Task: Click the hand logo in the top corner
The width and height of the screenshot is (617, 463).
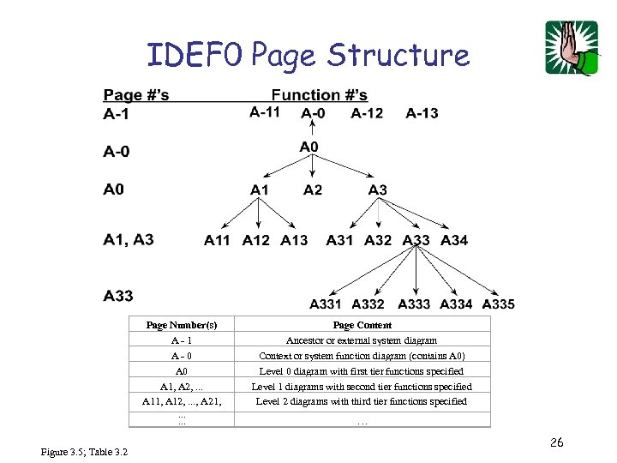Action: tap(571, 48)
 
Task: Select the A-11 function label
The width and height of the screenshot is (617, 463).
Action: tap(265, 112)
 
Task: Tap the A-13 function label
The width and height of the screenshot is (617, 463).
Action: tap(422, 112)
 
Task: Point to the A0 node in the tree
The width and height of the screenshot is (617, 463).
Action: tap(309, 147)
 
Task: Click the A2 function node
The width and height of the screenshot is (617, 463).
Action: tap(313, 189)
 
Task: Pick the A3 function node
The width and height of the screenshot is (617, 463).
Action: tap(377, 189)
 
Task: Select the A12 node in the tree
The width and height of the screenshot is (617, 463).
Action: tap(255, 240)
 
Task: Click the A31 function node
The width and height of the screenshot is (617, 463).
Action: tap(340, 240)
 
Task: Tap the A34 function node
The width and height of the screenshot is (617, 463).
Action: tap(454, 240)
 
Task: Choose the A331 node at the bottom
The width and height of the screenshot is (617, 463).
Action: tap(326, 304)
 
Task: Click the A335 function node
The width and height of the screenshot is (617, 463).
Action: tap(499, 304)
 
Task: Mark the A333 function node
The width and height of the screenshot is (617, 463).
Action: tap(414, 304)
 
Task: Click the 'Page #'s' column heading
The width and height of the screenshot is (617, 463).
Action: tap(136, 94)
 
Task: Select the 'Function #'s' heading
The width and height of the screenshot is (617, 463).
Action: tap(320, 94)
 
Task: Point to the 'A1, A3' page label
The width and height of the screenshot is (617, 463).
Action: tap(129, 239)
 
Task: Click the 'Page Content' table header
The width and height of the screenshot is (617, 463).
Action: tap(362, 325)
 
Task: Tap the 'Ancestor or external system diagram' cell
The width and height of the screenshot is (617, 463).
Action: tap(362, 340)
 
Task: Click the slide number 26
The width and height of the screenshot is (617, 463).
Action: tap(556, 442)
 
